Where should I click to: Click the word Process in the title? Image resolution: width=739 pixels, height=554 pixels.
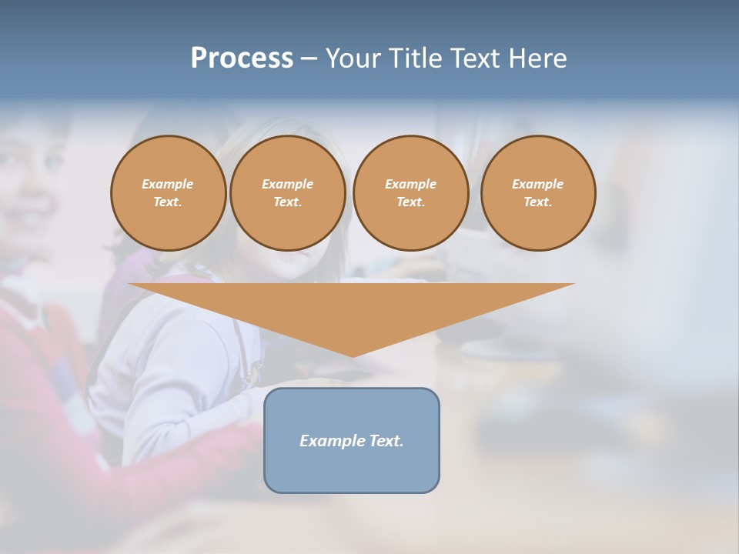(x=242, y=58)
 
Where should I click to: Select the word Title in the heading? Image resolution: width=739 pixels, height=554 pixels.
(x=415, y=58)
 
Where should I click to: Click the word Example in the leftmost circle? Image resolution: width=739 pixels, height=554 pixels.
(x=168, y=184)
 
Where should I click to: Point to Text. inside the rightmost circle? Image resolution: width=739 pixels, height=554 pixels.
(x=538, y=202)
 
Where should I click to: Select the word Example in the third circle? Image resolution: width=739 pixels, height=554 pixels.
(x=411, y=184)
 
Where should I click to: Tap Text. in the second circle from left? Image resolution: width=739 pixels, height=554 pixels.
(x=288, y=202)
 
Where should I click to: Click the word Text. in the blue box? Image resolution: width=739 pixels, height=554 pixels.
(x=386, y=441)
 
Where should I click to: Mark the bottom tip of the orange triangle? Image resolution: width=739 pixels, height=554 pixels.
(x=353, y=355)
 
